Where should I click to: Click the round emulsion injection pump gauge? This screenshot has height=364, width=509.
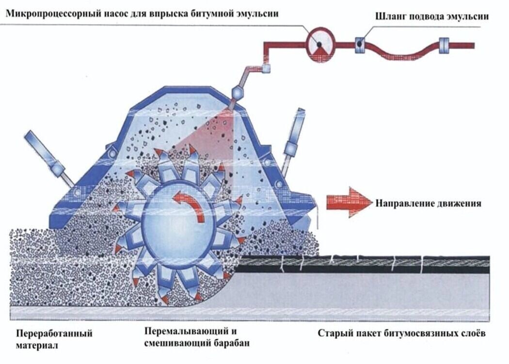pos(319,46)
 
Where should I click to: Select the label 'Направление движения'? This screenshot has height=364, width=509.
pos(429,203)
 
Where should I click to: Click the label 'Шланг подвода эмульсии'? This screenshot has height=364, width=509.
pos(432,16)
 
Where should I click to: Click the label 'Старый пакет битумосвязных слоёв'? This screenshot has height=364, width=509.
pos(401,333)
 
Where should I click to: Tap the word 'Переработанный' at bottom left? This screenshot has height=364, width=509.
pos(54,333)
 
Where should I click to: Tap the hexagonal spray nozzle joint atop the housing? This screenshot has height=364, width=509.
pos(238,92)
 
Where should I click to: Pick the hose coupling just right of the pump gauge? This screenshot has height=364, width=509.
pos(360,45)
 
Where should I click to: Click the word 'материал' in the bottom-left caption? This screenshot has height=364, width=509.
pos(37,346)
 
